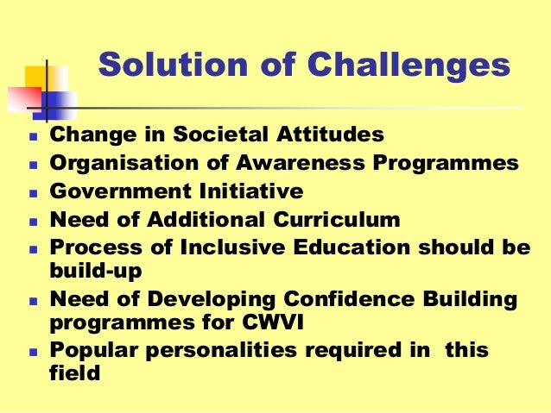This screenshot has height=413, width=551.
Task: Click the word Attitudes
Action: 332,135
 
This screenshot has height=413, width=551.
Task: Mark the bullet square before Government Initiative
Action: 33,193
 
